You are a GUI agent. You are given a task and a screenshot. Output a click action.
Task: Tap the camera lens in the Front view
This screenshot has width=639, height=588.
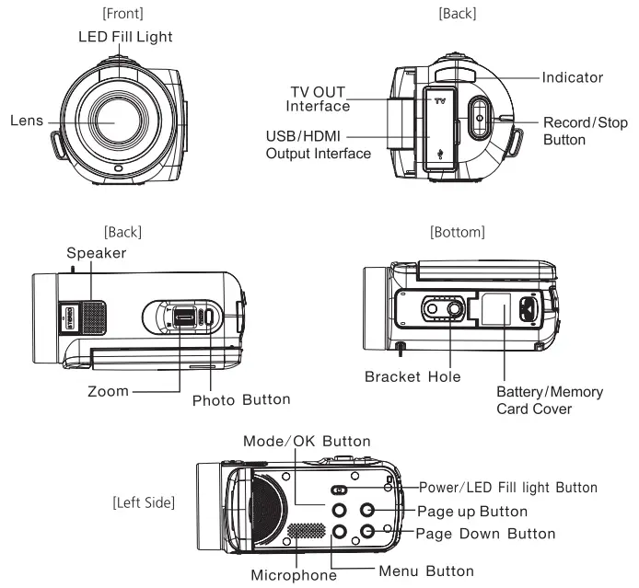(114, 121)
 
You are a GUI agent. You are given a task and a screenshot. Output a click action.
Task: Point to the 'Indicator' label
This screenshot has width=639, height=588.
(573, 77)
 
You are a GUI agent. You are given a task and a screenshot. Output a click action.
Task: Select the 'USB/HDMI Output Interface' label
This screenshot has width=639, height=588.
(318, 144)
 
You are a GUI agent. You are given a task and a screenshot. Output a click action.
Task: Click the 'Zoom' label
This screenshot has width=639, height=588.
(108, 390)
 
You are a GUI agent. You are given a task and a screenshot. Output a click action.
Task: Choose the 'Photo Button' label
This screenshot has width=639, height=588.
(241, 400)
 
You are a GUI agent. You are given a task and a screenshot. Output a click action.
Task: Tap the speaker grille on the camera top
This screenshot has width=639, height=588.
(90, 316)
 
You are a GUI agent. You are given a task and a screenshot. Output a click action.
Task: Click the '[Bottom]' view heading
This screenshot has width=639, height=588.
(457, 231)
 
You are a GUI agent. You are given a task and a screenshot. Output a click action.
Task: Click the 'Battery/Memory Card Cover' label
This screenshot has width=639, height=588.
(549, 400)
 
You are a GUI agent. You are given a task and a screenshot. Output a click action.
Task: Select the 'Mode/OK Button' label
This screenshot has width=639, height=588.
(307, 442)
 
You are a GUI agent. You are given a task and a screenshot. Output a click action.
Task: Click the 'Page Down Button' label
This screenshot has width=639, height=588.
(485, 534)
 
